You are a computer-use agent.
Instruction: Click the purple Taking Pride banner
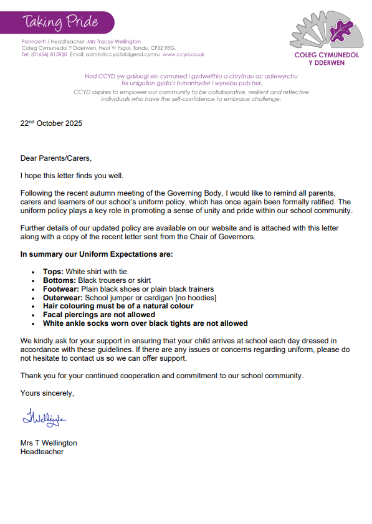click(x=62, y=22)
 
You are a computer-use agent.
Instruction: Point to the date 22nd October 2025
click(x=51, y=123)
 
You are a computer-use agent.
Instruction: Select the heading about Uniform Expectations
click(x=97, y=254)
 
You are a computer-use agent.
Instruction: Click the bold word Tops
click(x=53, y=272)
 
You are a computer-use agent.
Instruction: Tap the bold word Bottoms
click(x=59, y=280)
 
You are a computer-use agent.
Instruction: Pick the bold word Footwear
click(x=61, y=289)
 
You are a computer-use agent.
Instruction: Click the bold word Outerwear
click(x=63, y=298)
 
